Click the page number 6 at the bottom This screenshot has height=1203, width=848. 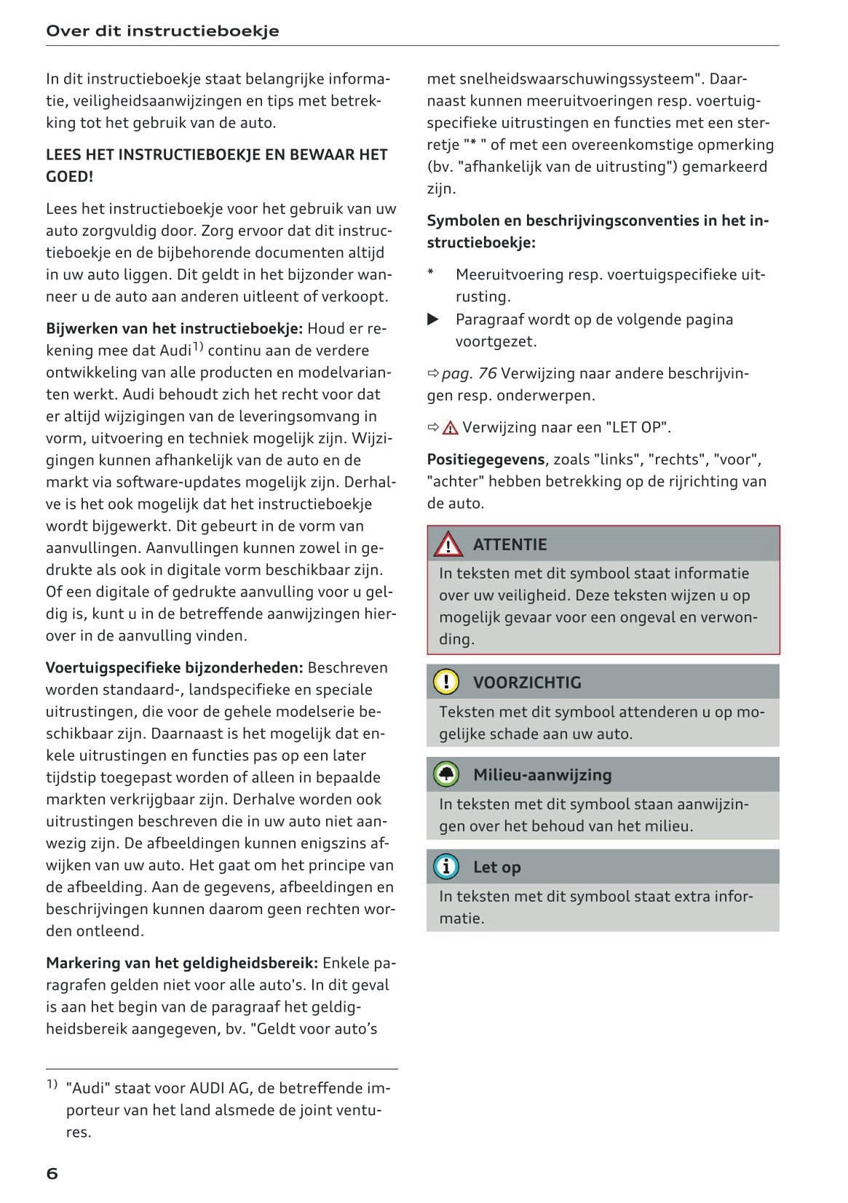pos(52,1173)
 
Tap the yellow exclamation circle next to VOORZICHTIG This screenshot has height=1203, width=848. pos(446,682)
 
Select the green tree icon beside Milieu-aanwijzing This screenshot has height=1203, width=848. pos(446,774)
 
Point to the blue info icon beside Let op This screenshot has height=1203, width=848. pos(446,867)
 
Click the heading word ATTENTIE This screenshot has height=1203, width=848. pos(510,544)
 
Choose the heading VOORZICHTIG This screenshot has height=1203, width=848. pos(527,683)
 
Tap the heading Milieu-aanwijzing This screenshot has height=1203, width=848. pos(542,774)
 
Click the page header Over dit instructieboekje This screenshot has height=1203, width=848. pos(162,31)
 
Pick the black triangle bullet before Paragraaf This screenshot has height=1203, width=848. pos(433,319)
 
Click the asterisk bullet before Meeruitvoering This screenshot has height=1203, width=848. pos(431,274)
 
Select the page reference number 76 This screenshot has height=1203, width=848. pos(488,373)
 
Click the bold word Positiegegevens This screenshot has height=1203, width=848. pos(486,459)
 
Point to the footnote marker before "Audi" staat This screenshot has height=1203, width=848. pos(52,1085)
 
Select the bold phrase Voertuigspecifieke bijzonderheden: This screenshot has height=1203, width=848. pos(175,667)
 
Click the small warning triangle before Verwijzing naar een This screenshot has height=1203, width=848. pos(451,428)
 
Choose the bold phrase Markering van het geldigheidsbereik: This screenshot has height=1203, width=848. pos(182,963)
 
